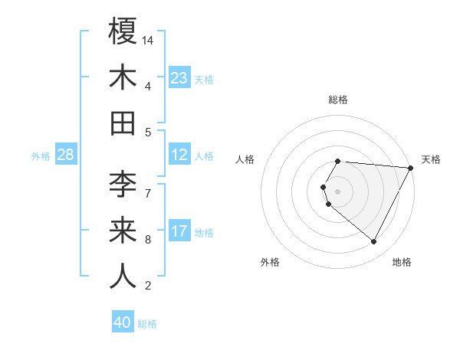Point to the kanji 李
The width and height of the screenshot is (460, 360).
click(123, 183)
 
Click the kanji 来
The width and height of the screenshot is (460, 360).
click(123, 231)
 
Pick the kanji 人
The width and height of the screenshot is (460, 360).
click(123, 277)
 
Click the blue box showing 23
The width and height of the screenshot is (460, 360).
click(179, 77)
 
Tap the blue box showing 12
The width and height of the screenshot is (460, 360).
click(179, 155)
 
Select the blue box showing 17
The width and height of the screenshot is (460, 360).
click(179, 231)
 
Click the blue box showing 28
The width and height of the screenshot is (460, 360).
click(66, 155)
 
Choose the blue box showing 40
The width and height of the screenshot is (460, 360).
click(123, 322)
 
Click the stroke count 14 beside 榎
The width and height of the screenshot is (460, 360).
click(149, 39)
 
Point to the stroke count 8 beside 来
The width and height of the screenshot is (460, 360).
click(148, 240)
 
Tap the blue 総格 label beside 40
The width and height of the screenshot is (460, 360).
click(147, 324)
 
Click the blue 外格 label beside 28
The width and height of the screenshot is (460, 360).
click(41, 156)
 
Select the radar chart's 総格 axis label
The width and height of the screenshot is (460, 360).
click(338, 100)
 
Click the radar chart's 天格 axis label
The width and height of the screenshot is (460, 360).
click(431, 159)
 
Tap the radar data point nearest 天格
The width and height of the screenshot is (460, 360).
click(412, 167)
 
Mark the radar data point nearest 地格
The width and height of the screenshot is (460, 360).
click(374, 241)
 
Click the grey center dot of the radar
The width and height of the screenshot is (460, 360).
click(338, 190)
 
